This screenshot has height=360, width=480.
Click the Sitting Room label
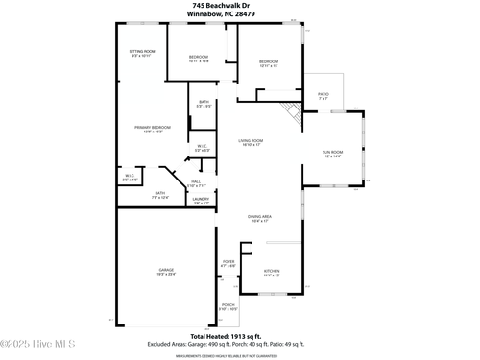[142, 53]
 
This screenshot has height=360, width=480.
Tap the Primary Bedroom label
[147, 128]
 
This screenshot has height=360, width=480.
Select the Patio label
[324, 95]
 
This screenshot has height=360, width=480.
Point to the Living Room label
[251, 141]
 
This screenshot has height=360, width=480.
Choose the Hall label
[196, 181]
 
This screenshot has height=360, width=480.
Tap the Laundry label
[201, 200]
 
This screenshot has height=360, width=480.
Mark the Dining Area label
[259, 217]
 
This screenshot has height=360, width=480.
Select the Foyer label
[228, 262]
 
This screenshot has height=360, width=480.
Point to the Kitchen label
[273, 272]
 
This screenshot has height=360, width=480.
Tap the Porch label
[228, 306]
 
